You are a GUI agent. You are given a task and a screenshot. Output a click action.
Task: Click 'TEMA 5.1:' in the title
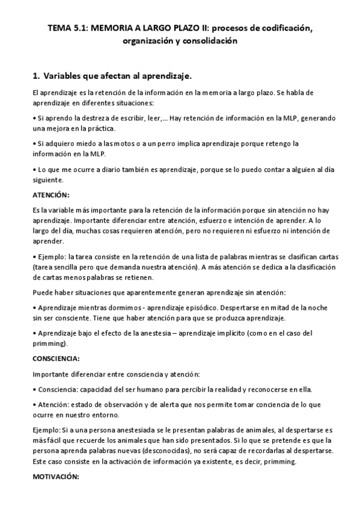pos(67,28)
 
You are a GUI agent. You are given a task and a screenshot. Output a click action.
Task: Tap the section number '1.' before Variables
pos(35,76)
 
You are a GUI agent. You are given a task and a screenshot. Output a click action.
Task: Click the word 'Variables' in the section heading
pos(64,76)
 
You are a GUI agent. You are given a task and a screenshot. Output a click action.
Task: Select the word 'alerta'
pos(148,404)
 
